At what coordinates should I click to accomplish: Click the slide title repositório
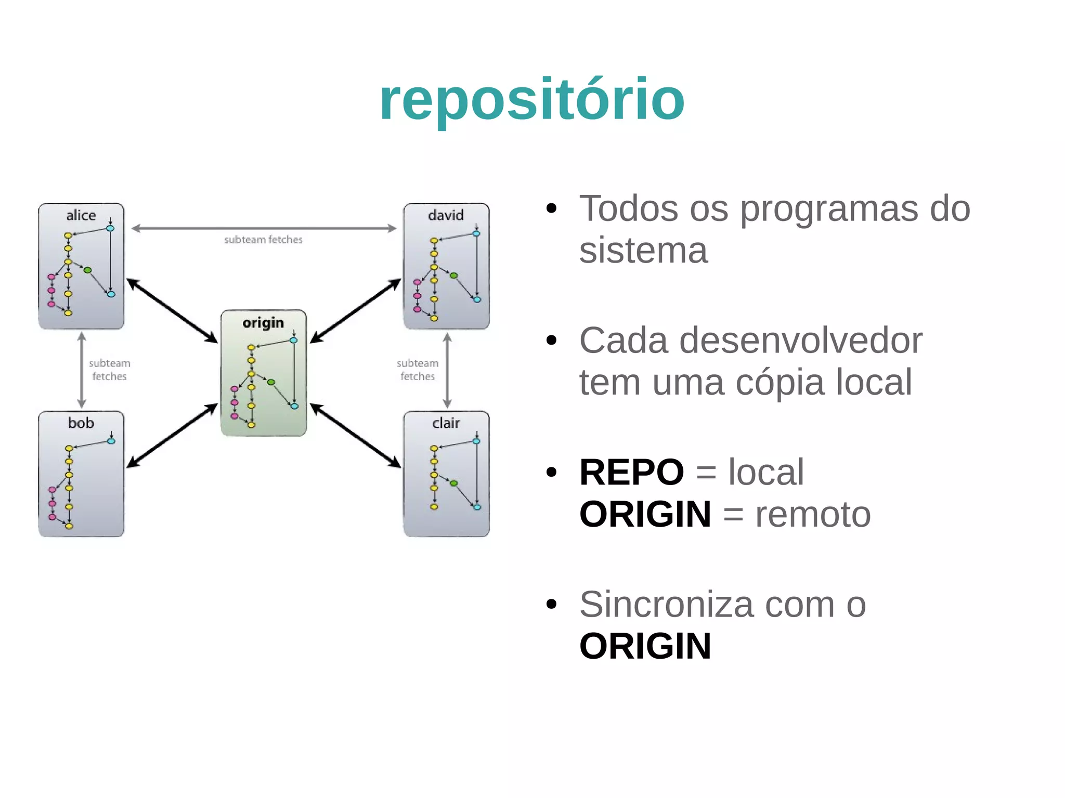click(532, 100)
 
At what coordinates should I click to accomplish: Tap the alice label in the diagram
click(81, 215)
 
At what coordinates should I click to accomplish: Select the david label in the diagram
click(446, 215)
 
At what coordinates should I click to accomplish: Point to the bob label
click(81, 423)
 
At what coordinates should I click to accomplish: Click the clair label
click(446, 423)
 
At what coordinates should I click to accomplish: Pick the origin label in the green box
click(263, 323)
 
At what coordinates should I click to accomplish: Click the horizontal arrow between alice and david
click(264, 228)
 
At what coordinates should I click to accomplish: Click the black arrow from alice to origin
click(172, 310)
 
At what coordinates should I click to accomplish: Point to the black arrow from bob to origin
click(172, 436)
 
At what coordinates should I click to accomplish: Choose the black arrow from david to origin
click(356, 310)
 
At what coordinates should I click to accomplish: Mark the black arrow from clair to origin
click(356, 436)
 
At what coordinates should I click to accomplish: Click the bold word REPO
click(631, 473)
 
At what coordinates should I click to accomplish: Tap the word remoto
click(812, 515)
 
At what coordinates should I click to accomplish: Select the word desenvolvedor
click(800, 341)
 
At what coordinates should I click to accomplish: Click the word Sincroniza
click(666, 605)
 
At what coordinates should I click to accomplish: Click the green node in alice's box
click(87, 270)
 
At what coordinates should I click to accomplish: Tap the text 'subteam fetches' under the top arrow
click(263, 240)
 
